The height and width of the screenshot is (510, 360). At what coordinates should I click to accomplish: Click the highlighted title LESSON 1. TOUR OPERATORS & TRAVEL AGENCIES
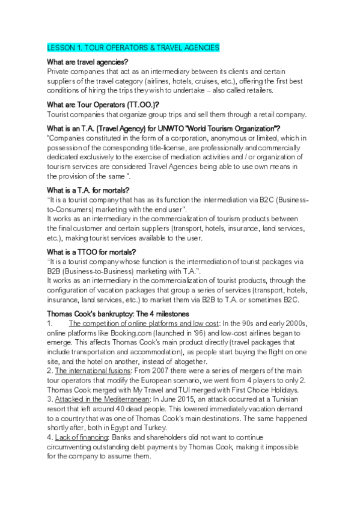(133, 47)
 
